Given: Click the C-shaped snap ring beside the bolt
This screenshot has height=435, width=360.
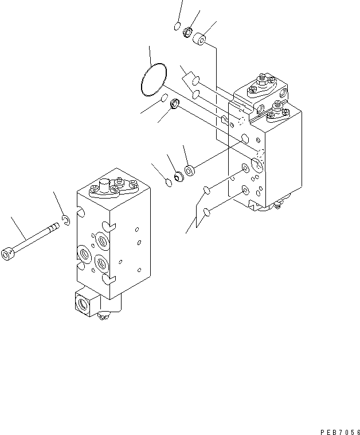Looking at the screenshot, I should tap(67, 219).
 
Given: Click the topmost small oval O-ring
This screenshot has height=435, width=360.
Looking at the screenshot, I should tap(177, 26).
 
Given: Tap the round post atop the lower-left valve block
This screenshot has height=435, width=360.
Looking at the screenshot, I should tap(105, 185).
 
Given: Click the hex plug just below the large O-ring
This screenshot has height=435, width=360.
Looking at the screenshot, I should tap(175, 104).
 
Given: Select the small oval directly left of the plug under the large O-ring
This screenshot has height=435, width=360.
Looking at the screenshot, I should tap(164, 98).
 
